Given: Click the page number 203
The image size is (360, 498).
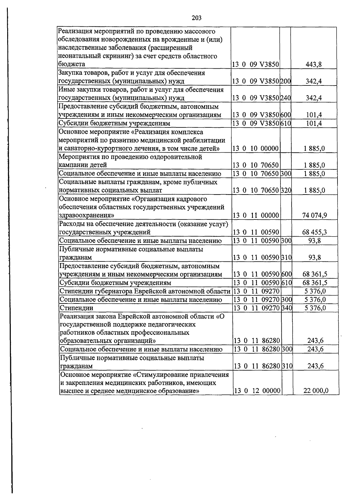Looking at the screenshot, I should tap(196, 18).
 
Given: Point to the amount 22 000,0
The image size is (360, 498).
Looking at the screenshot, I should tap(316, 391).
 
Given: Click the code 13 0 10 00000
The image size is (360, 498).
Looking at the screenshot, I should tap(256, 148).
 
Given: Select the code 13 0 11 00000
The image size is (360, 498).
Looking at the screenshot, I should tap(256, 215).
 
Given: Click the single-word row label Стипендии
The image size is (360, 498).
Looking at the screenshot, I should tap(76, 308).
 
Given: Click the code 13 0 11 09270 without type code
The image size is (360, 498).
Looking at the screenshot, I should tap(256, 291).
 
